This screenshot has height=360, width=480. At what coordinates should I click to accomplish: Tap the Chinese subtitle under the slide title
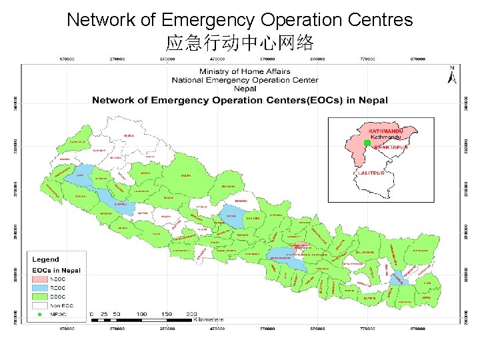(x=239, y=44)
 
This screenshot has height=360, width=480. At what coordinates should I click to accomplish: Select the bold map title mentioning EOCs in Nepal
(x=239, y=101)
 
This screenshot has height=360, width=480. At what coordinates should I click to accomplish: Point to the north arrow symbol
(x=452, y=75)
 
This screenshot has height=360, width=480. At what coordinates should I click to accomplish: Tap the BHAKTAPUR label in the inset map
(x=391, y=146)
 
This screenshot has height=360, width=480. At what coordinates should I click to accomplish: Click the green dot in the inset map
(x=367, y=143)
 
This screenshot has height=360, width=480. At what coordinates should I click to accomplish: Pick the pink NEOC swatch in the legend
(x=40, y=279)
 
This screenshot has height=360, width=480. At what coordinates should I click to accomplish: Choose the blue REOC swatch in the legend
(x=40, y=288)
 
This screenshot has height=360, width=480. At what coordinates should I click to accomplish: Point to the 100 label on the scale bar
(x=141, y=313)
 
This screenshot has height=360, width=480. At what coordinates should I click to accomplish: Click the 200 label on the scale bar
(x=191, y=313)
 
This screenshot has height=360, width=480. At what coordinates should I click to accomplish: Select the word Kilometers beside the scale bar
(x=208, y=320)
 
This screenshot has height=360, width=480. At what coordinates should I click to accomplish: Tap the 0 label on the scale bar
(x=91, y=313)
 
